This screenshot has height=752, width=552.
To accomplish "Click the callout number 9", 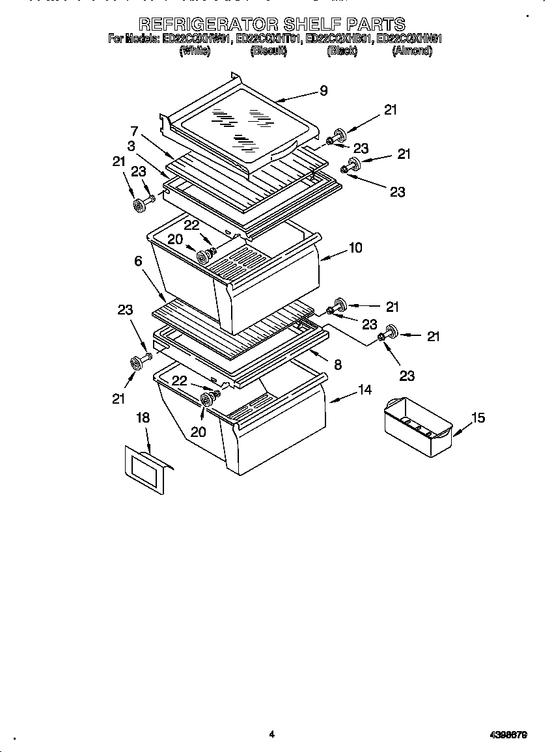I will click(324, 91).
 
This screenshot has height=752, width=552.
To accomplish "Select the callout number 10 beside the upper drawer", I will click(355, 248).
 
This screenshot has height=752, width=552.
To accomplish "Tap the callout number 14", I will click(365, 390).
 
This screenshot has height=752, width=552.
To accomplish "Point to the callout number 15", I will click(478, 418).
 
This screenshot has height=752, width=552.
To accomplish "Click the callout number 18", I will click(143, 418).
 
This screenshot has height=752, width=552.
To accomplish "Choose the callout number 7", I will click(134, 130).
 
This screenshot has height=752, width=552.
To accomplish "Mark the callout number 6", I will click(138, 261).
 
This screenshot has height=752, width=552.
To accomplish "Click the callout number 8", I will click(337, 365).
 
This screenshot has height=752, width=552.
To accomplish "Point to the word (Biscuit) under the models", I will click(268, 51).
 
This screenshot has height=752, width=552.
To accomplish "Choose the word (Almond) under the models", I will click(412, 51).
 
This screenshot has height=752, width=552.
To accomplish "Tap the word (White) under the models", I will click(194, 51).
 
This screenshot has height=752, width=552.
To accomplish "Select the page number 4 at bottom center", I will click(272, 734).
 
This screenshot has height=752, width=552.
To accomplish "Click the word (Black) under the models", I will click(342, 51).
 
